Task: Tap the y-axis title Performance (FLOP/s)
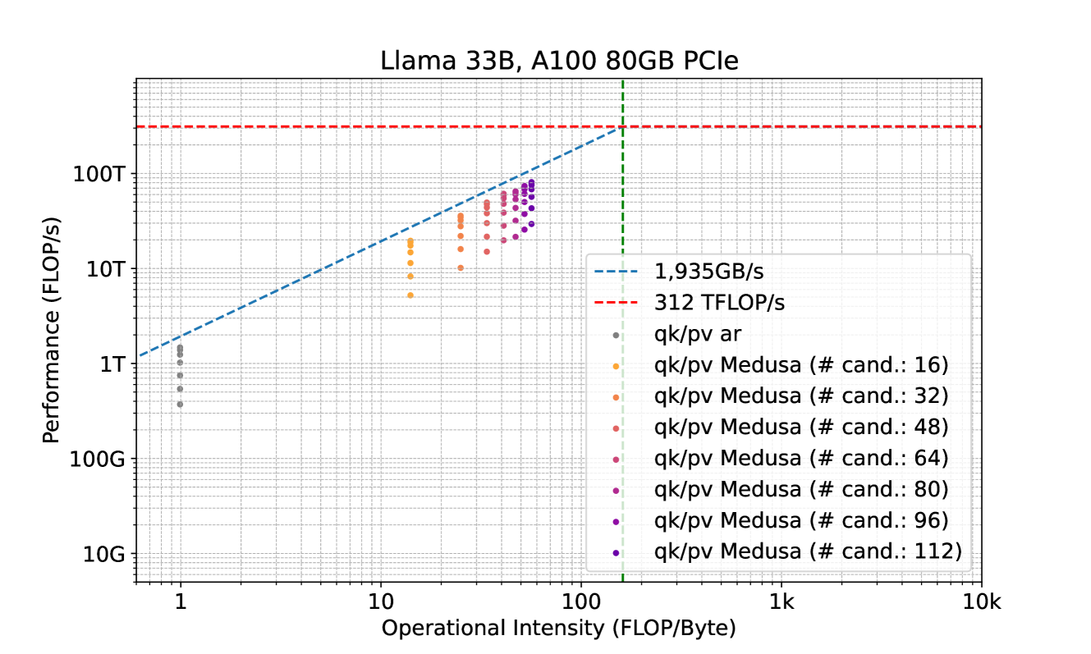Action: pos(52,331)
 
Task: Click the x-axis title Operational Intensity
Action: pos(558,629)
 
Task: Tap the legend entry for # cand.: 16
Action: pos(801,364)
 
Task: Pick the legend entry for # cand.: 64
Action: pos(801,458)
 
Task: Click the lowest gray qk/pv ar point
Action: pos(180,404)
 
